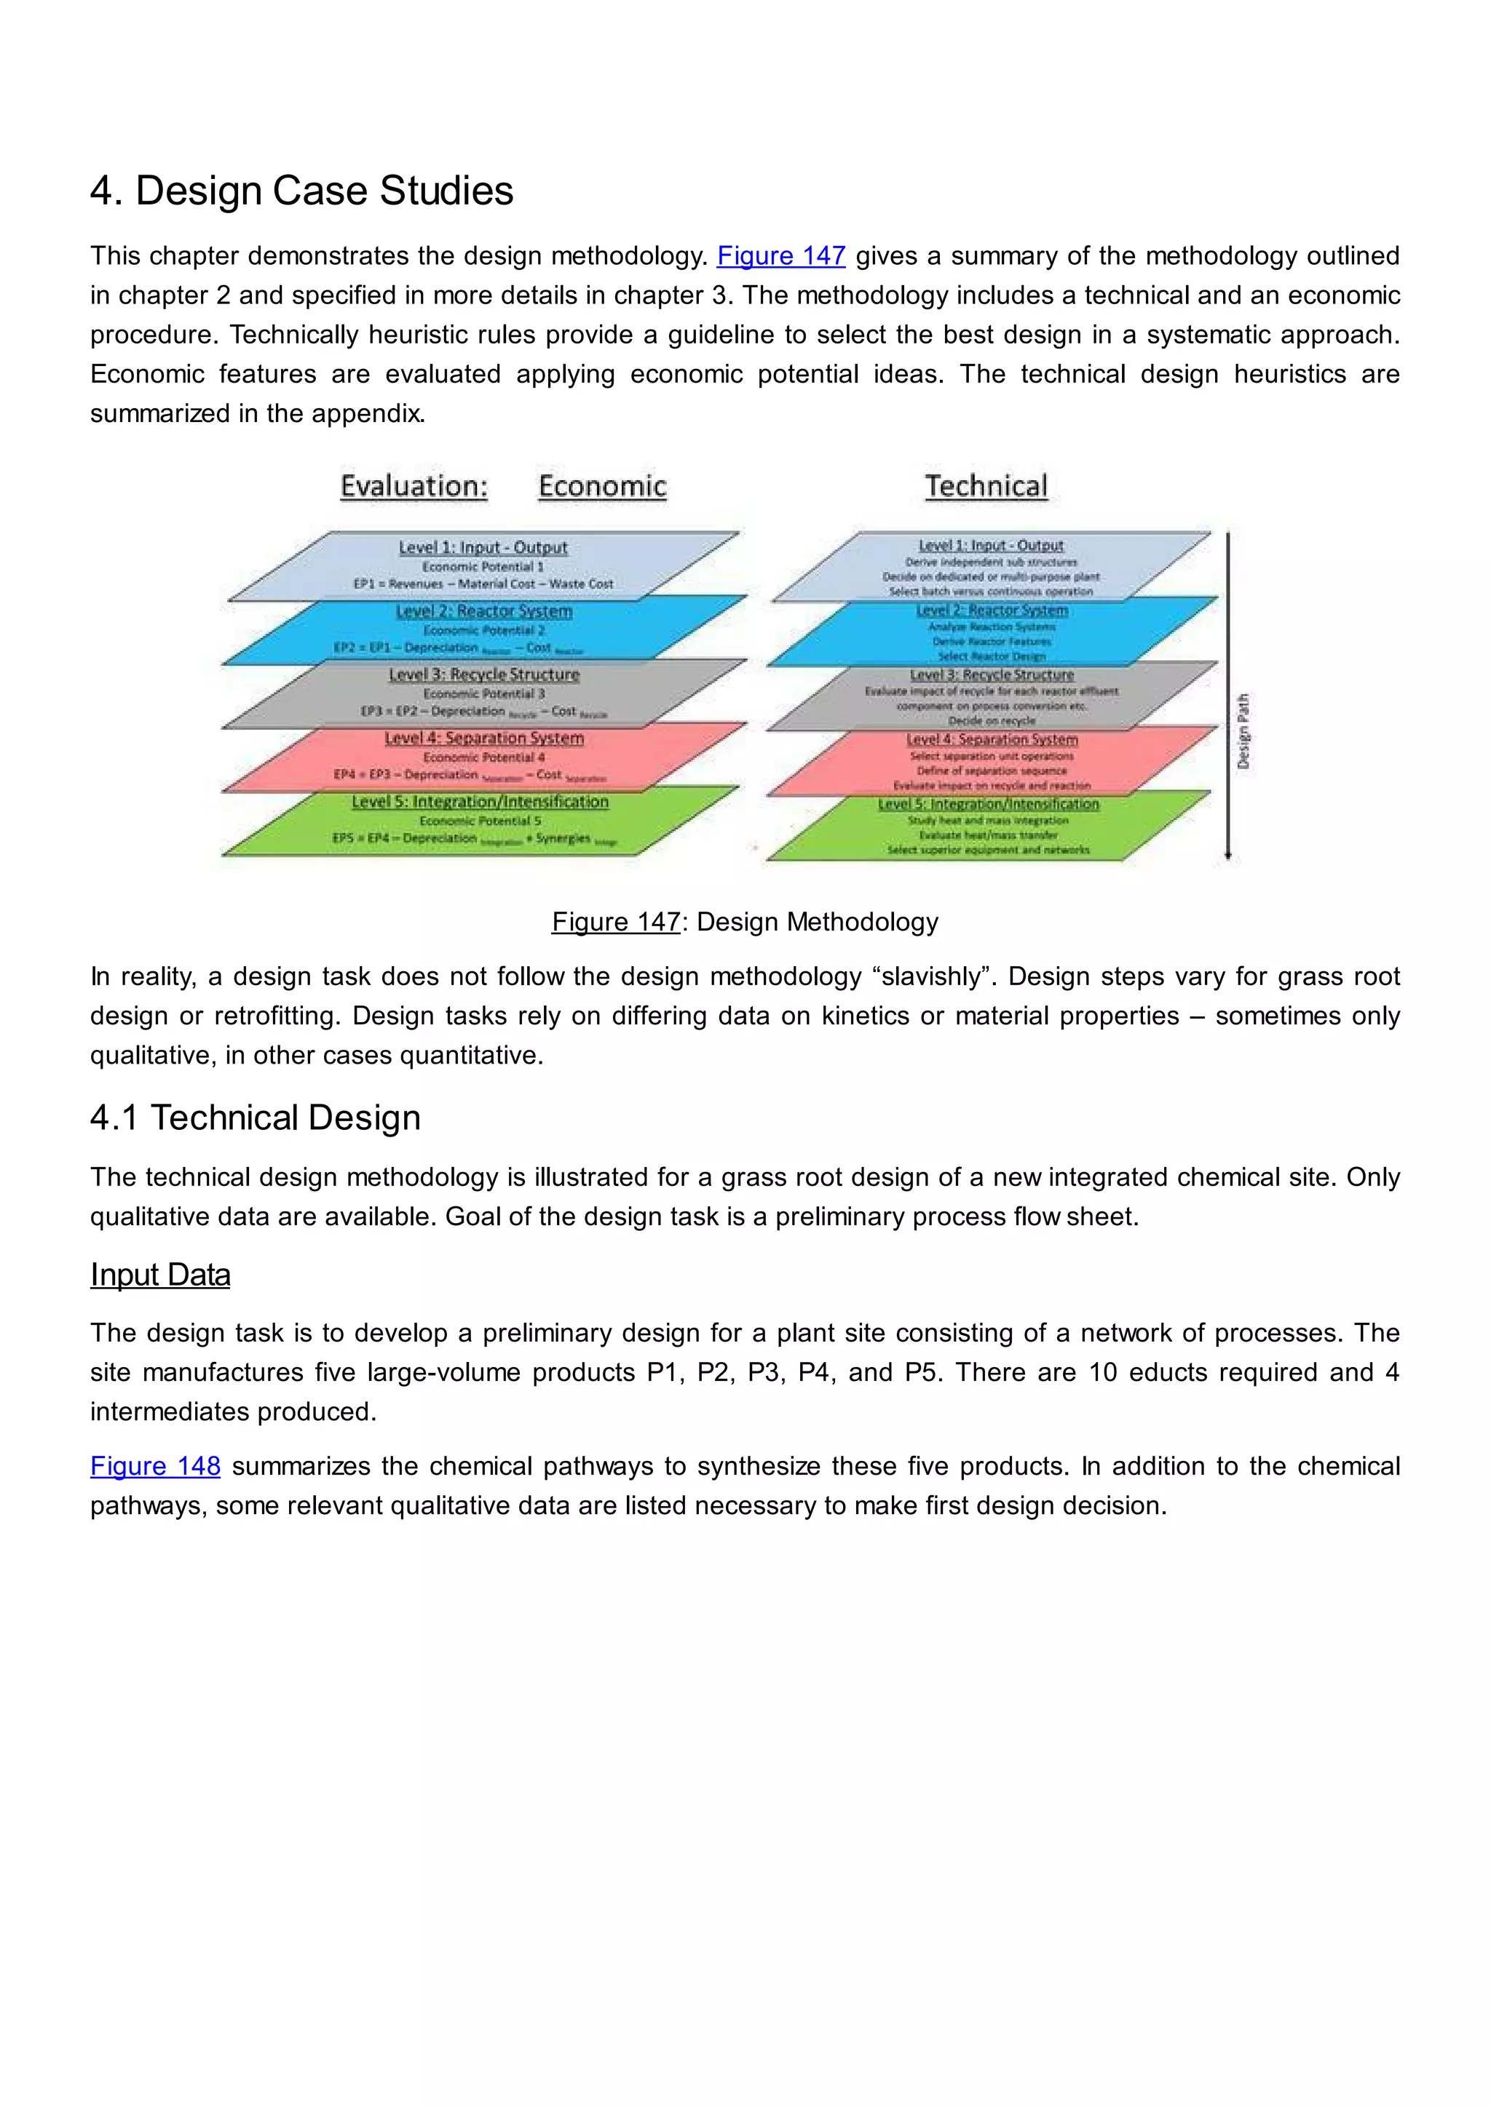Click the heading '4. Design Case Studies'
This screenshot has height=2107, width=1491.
point(301,191)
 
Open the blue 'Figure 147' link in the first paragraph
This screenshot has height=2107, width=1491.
point(780,256)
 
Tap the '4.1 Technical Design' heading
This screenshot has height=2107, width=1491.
point(256,1118)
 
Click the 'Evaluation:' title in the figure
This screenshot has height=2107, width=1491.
point(414,487)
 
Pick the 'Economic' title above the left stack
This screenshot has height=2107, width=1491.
point(602,487)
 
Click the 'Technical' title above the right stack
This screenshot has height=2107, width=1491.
point(985,487)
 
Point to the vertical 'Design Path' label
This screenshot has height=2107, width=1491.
point(1243,731)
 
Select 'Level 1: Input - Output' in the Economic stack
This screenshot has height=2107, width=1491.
point(483,548)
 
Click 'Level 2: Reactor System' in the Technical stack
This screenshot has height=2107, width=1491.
point(992,610)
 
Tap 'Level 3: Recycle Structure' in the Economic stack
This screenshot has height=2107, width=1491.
point(484,674)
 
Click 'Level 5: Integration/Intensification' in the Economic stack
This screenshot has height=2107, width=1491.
point(480,802)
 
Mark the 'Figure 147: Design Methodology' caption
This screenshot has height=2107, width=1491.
point(745,923)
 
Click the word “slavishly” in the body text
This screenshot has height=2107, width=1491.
point(936,976)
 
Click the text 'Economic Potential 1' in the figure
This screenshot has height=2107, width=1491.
point(483,566)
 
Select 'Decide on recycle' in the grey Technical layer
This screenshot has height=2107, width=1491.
point(992,720)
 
